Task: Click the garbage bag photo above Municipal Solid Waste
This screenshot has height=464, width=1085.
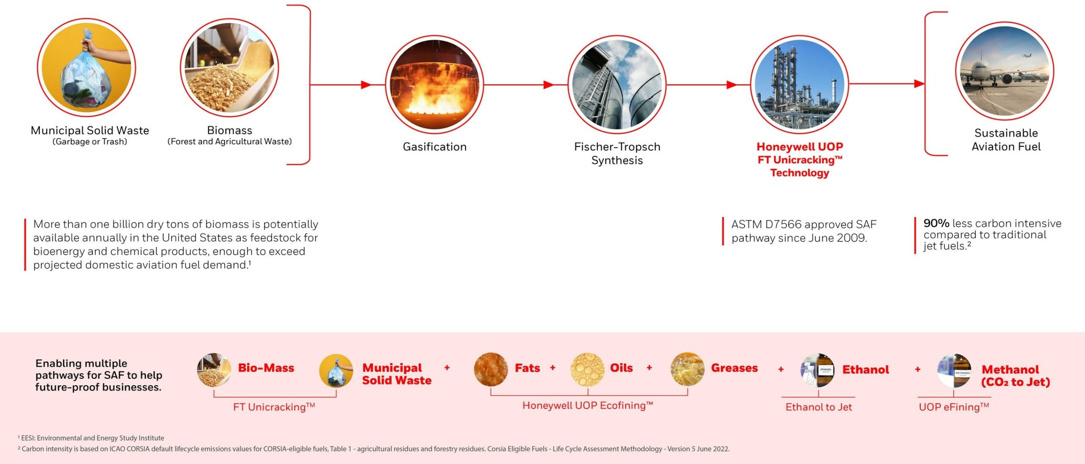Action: pos(86,67)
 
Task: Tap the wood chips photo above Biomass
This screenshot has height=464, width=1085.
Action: pos(230,67)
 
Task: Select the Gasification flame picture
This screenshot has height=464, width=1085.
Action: pos(434,84)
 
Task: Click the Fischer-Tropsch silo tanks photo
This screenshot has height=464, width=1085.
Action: pos(617,84)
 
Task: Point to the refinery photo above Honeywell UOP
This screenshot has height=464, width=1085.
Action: pos(799,84)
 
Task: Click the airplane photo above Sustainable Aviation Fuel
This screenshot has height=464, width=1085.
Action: pos(1005,71)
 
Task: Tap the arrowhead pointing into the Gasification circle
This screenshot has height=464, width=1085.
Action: pos(367,85)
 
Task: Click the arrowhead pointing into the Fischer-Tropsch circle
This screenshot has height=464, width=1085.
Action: pos(549,85)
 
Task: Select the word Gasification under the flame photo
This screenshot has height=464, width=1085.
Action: pos(434,147)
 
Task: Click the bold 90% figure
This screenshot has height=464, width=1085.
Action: pos(936,223)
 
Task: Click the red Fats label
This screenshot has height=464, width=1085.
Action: pos(527,368)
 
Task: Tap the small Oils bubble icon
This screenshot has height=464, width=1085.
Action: pos(587,370)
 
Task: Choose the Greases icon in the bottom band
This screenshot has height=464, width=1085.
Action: pos(687,369)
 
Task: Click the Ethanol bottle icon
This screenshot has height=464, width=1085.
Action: pos(817,370)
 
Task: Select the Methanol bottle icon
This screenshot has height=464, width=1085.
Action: pos(954,371)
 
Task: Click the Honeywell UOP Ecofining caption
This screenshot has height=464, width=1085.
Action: pos(587,406)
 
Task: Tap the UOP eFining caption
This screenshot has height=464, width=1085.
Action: pos(954,407)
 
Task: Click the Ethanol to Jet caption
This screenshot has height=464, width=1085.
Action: pos(818,407)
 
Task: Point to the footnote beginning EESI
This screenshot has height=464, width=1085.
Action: pos(91,438)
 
